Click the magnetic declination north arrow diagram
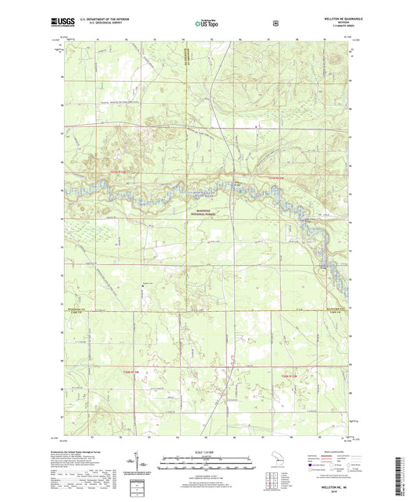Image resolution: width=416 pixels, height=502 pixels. [x=144, y=464]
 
